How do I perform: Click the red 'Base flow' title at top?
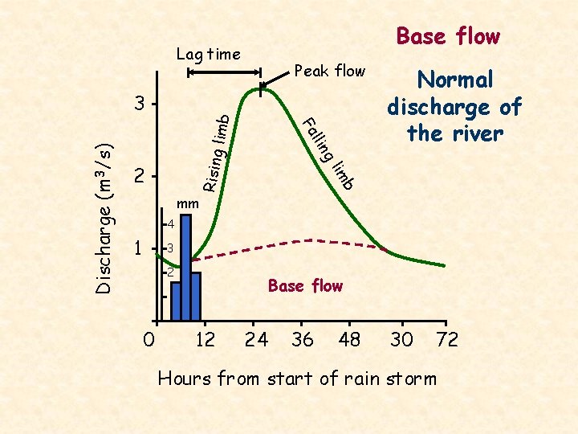448,36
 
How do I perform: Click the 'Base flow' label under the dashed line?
305,285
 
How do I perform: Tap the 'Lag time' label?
208,55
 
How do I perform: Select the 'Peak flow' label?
330,71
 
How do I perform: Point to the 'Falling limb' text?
328,153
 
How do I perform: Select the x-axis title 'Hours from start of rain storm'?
297,378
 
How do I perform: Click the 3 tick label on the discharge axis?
140,104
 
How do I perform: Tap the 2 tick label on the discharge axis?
140,176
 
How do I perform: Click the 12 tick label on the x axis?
206,340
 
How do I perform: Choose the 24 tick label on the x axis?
256,340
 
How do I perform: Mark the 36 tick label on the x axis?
303,340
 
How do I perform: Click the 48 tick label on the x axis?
350,340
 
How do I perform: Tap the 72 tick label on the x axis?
447,340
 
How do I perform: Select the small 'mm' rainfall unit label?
186,203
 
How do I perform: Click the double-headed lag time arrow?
223,73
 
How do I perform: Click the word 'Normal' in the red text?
454,80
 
